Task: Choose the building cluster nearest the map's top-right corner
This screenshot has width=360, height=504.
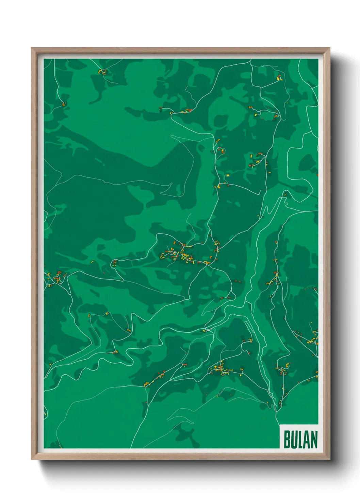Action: click(x=279, y=78)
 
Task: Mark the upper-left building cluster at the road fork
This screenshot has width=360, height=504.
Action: click(x=102, y=72)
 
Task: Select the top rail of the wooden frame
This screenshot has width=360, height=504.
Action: click(x=180, y=50)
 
